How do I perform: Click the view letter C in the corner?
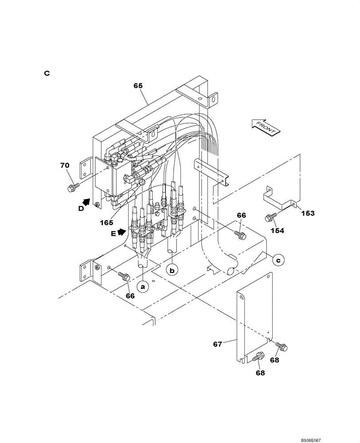click(x=47, y=73)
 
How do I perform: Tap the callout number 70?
click(x=65, y=166)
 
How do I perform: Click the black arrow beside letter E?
click(x=121, y=232)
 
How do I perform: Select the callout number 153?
click(x=307, y=213)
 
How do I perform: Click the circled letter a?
click(x=142, y=287)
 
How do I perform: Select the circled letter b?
click(x=172, y=269)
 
